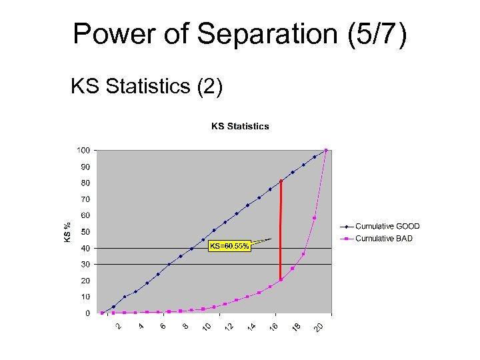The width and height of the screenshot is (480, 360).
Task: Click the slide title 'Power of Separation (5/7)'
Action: coord(239,34)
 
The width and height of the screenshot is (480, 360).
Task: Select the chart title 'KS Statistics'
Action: coord(240,126)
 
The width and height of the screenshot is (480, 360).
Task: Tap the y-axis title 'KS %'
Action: coord(67,231)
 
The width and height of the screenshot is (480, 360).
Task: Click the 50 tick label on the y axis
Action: coord(85,232)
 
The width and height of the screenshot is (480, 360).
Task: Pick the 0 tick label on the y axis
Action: coord(87,313)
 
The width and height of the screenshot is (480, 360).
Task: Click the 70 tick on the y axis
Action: coord(85,199)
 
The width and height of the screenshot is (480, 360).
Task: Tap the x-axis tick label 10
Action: coord(207,327)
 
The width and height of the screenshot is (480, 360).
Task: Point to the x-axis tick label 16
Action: coord(274,327)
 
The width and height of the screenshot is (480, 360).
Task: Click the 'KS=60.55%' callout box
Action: coord(229,247)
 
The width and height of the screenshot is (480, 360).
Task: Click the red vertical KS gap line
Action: coord(281,230)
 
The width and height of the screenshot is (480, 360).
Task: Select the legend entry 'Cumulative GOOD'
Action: coord(387,227)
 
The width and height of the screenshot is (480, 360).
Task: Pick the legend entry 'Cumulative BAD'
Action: coord(384,239)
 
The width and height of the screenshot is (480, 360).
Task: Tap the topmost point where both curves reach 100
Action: coord(326,150)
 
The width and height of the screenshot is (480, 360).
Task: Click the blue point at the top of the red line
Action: coord(281,181)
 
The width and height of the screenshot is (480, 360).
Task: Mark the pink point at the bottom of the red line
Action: coord(281,280)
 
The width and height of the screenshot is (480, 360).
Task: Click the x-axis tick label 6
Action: coord(163,326)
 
